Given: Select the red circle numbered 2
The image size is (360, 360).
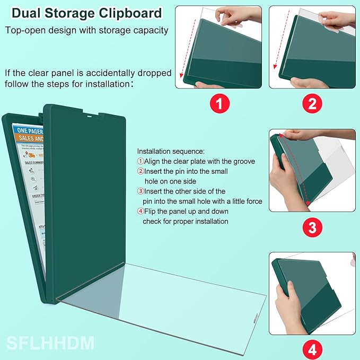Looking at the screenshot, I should tap(312, 102).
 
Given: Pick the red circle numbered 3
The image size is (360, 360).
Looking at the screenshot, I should tap(312, 227).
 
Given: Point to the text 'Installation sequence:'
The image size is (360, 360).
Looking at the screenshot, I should tap(174, 151).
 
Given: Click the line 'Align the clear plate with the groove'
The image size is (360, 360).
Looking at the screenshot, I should tap(199, 161).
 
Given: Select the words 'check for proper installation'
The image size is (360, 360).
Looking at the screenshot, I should tap(185, 221).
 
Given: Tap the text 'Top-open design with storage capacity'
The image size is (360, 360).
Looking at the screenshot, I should tap(87, 30).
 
